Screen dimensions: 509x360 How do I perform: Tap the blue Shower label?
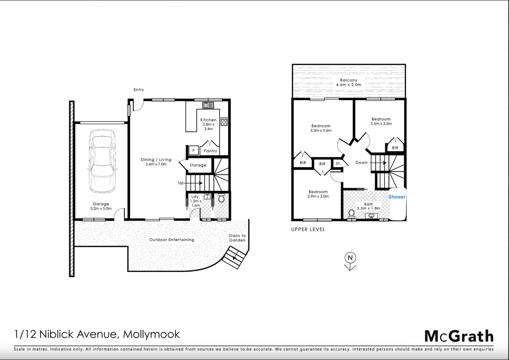click(x=397, y=197)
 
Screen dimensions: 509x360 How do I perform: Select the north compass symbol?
click(x=350, y=261)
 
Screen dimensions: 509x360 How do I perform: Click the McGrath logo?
click(x=459, y=336)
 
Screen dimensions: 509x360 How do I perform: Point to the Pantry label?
click(x=210, y=151)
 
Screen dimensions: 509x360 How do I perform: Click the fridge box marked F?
click(x=194, y=150)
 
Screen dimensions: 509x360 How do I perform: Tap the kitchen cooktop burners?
click(x=224, y=122)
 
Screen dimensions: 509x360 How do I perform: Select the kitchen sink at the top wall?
click(x=208, y=105)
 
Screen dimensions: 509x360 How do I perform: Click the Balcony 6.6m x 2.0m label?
click(x=349, y=82)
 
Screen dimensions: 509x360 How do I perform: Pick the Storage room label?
click(x=198, y=165)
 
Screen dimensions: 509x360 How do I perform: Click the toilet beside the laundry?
click(x=221, y=198)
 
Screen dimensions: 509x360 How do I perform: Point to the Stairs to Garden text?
click(x=237, y=238)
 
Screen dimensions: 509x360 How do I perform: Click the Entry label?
click(x=139, y=90)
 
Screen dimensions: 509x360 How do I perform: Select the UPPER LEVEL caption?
click(x=308, y=229)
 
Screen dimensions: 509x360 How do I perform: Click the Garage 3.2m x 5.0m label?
click(x=101, y=206)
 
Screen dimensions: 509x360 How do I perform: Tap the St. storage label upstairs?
click(x=338, y=163)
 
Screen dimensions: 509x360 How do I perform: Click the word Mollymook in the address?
click(x=151, y=334)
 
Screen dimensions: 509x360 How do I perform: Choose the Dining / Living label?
click(x=156, y=162)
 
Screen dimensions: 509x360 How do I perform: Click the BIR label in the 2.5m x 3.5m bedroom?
click(x=395, y=148)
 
